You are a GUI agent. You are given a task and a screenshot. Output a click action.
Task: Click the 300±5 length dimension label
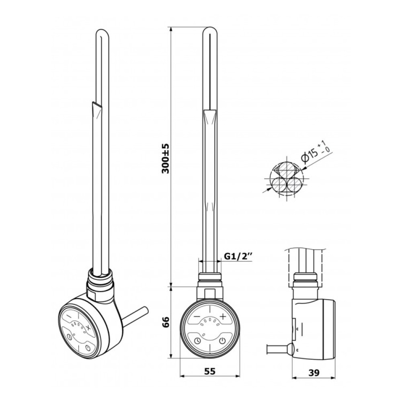[166, 158]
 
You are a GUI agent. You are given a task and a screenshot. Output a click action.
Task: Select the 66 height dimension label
[166, 322]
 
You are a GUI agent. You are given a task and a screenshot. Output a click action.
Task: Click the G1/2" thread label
[237, 256]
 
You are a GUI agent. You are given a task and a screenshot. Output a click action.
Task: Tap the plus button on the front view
[223, 316]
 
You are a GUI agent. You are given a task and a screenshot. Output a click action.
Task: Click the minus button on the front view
[197, 317]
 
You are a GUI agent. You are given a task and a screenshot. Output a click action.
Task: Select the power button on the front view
[223, 341]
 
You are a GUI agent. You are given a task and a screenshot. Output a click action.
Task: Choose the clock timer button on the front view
[197, 341]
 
